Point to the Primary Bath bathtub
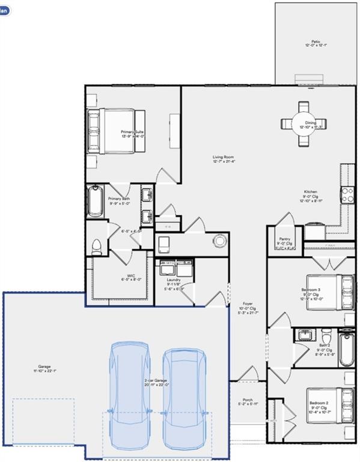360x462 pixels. pos(95,202)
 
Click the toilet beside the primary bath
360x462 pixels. pos(96,247)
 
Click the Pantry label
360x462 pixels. pos(285,239)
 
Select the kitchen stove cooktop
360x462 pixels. pos(348,194)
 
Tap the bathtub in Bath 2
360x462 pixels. pos(346,349)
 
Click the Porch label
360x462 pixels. pos(248,401)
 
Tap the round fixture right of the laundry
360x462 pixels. pos(221,241)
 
